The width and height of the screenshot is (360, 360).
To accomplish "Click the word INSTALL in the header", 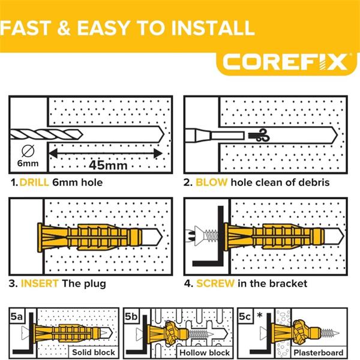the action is tap(213, 28).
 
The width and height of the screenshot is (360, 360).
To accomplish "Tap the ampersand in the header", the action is tap(64, 28).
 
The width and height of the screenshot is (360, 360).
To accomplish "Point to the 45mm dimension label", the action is tap(108, 165).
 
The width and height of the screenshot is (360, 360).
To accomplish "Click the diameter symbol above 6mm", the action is tap(28, 151).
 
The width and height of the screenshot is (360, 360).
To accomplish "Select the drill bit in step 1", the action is tap(46, 134).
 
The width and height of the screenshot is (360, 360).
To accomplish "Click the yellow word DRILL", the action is tap(34, 182).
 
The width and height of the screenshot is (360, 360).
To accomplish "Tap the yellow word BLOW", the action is tap(211, 182).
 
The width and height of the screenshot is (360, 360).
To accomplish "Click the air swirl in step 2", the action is tap(259, 135).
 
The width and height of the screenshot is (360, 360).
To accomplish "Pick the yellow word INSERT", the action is tap(40, 283).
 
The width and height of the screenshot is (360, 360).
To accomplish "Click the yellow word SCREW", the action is tap(215, 283).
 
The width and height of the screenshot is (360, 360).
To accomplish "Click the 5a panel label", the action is tap(17, 316).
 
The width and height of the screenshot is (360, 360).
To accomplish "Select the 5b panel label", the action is tap(131, 316).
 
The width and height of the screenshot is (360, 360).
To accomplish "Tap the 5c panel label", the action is tap(245, 316).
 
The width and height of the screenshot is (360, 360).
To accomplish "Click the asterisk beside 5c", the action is tap(260, 315).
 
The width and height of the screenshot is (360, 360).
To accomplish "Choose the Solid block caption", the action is tap(94, 352).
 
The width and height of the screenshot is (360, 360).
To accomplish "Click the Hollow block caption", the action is tap(205, 352).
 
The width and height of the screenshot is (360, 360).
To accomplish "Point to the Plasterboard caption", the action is tap(319, 352).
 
